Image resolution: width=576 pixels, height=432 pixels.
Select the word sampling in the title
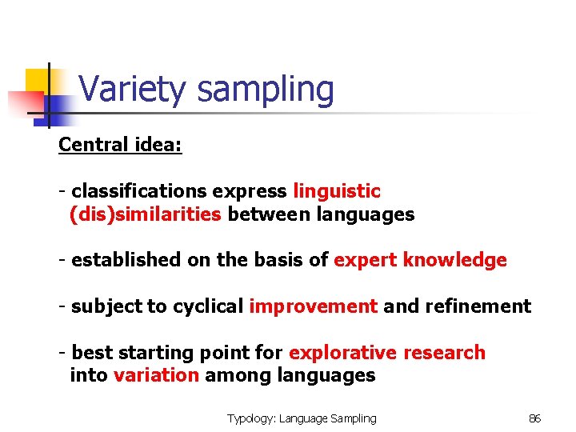click(266, 90)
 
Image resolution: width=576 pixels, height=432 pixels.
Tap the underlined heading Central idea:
click(120, 145)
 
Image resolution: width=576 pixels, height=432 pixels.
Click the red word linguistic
click(337, 191)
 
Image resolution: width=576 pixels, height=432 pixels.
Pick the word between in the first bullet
click(270, 214)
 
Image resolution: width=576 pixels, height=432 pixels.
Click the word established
click(126, 260)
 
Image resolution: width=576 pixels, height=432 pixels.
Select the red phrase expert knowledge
click(420, 260)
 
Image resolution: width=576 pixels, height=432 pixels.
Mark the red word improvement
click(313, 306)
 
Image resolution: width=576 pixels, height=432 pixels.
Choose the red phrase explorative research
click(387, 353)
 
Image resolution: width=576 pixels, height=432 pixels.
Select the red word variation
click(157, 375)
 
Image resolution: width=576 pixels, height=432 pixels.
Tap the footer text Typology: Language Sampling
click(302, 418)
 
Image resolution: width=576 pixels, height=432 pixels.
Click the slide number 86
click(535, 418)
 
